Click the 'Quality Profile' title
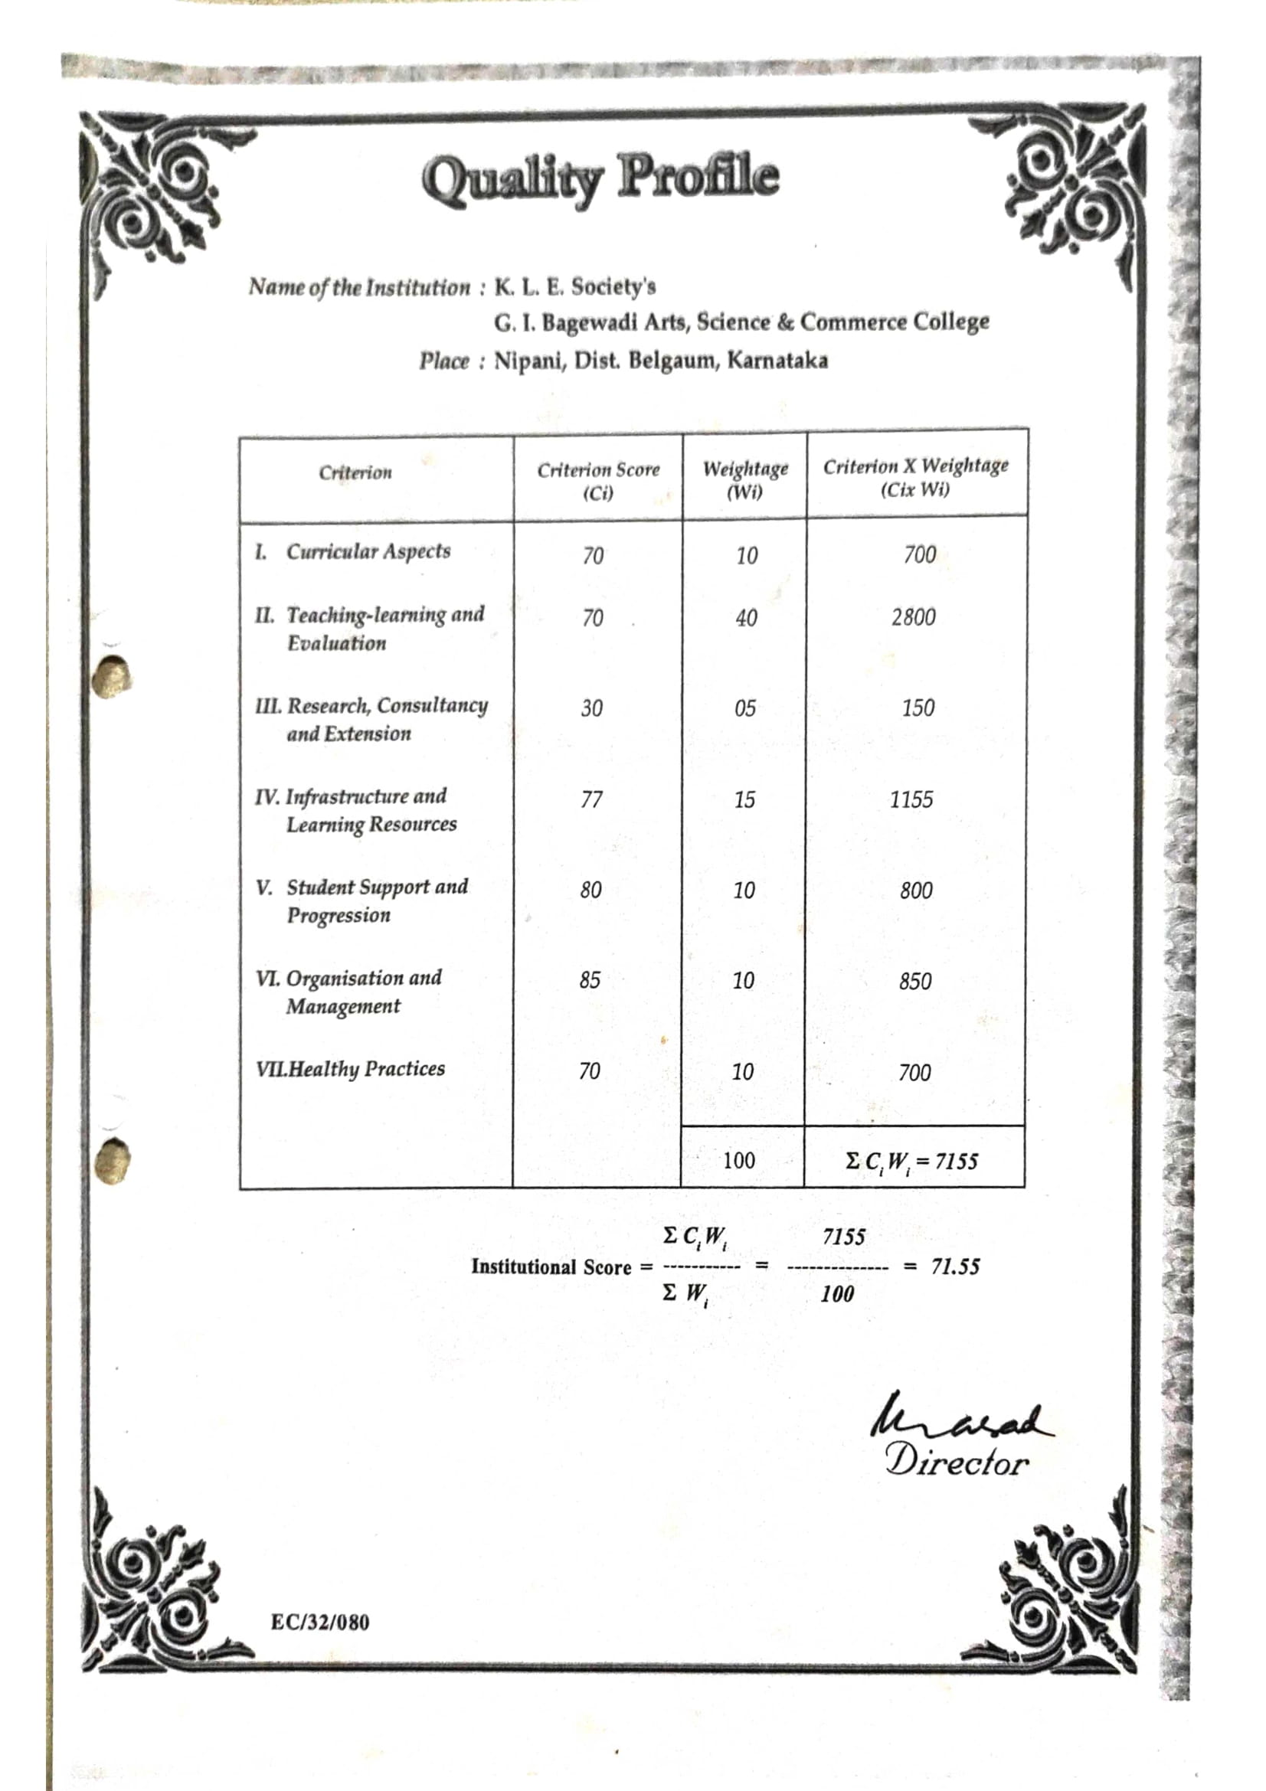[x=600, y=177]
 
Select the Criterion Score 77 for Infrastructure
[x=591, y=799]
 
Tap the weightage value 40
[x=746, y=618]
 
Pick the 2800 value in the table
[x=914, y=617]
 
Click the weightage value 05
[x=745, y=708]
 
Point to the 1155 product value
[x=911, y=799]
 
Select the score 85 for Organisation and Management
[x=590, y=980]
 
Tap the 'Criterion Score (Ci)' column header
[x=598, y=481]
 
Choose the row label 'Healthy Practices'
[x=366, y=1069]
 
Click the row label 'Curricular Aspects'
[x=368, y=551]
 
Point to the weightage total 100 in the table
[x=739, y=1161]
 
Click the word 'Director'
[x=957, y=1461]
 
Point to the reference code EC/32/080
[x=320, y=1622]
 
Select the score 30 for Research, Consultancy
[x=591, y=708]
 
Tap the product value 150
[x=918, y=708]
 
